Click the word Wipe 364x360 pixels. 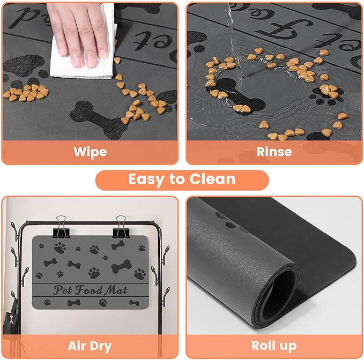(90, 152)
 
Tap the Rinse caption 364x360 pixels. (274, 152)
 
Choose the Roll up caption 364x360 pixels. (274, 345)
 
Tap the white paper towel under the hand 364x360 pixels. (70, 64)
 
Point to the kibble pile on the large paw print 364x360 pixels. (25, 93)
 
